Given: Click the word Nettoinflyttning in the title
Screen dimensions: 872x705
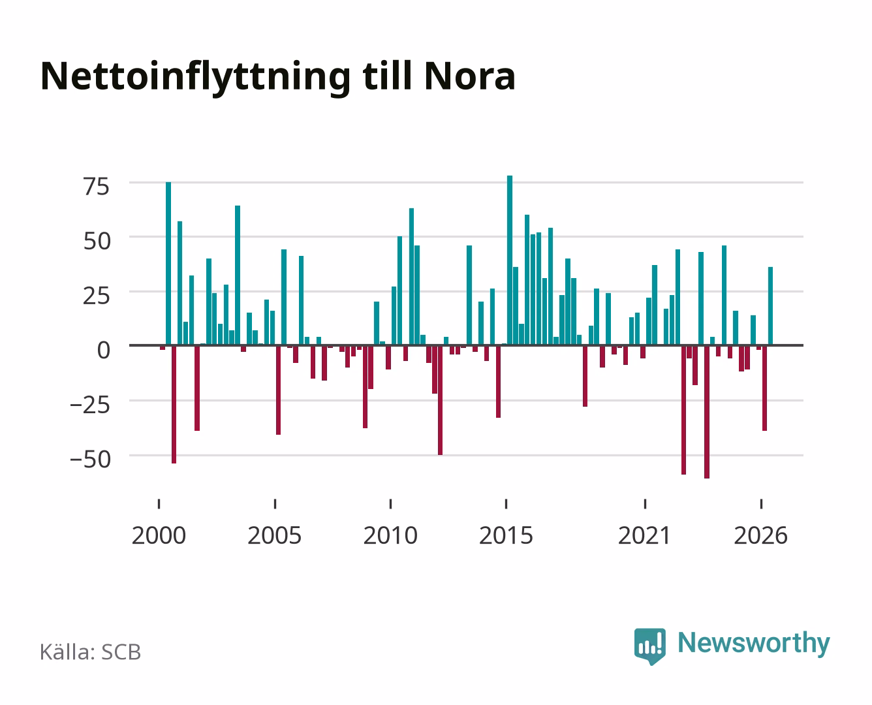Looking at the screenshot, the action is [x=195, y=77].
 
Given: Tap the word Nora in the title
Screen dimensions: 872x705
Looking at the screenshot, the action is [x=469, y=76].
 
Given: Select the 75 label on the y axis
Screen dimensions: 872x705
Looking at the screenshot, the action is [x=97, y=187].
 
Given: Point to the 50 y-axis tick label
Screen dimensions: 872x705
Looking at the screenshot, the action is [x=97, y=241].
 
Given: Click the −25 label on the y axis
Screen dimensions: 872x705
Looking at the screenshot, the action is [x=90, y=405].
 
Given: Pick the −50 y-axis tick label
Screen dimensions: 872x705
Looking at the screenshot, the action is [x=90, y=460].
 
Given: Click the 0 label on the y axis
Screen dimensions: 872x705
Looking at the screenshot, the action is [x=104, y=351].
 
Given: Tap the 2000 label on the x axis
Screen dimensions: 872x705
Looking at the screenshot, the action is [x=159, y=535].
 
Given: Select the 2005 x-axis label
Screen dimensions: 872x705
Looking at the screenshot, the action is [x=275, y=535].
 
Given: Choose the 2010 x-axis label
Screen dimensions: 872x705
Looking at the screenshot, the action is [x=390, y=535].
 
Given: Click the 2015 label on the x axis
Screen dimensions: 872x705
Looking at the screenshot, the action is [x=506, y=535].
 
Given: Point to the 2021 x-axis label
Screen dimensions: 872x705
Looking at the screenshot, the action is [x=645, y=535].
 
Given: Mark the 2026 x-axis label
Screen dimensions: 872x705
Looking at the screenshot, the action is [x=761, y=535].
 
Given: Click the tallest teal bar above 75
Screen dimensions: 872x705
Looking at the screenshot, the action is [x=510, y=260].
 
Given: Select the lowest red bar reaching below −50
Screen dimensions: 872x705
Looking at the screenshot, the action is [x=707, y=412].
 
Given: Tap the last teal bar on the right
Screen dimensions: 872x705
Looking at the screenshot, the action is [x=770, y=306].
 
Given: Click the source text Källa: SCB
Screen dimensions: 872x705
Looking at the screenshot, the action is [x=91, y=652].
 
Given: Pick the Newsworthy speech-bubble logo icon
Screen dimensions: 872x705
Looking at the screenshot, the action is [x=649, y=646].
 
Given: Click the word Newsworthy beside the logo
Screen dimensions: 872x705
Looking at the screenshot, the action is [x=754, y=644].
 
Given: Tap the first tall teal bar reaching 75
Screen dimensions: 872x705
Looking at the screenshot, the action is [x=168, y=264].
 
